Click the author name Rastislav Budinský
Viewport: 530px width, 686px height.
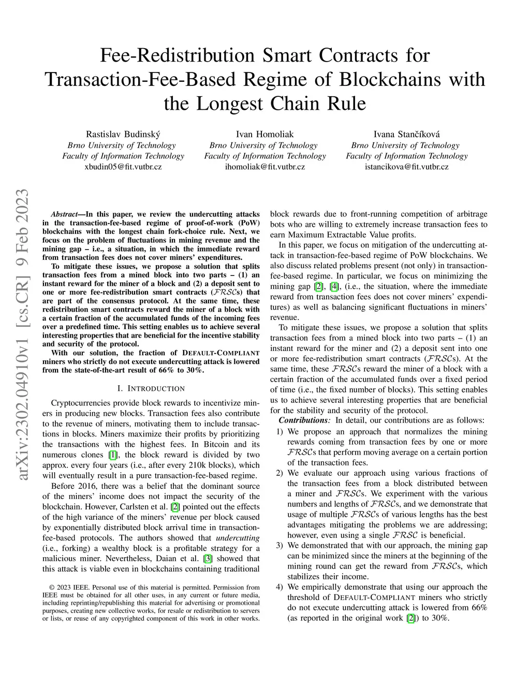[x=123, y=134]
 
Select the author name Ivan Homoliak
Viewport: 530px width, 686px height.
[x=264, y=134]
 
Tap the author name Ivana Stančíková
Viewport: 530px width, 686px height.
[x=407, y=134]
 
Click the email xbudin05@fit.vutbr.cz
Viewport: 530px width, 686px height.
[x=123, y=167]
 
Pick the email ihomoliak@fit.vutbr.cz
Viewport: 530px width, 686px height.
[x=264, y=167]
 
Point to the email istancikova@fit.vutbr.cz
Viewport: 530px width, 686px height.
[x=407, y=167]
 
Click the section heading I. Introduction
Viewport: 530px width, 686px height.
[x=151, y=388]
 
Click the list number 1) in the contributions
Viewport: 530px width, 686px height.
[x=279, y=431]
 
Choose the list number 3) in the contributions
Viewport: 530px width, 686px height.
[x=279, y=545]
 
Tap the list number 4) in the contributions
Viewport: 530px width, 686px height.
[x=279, y=587]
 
